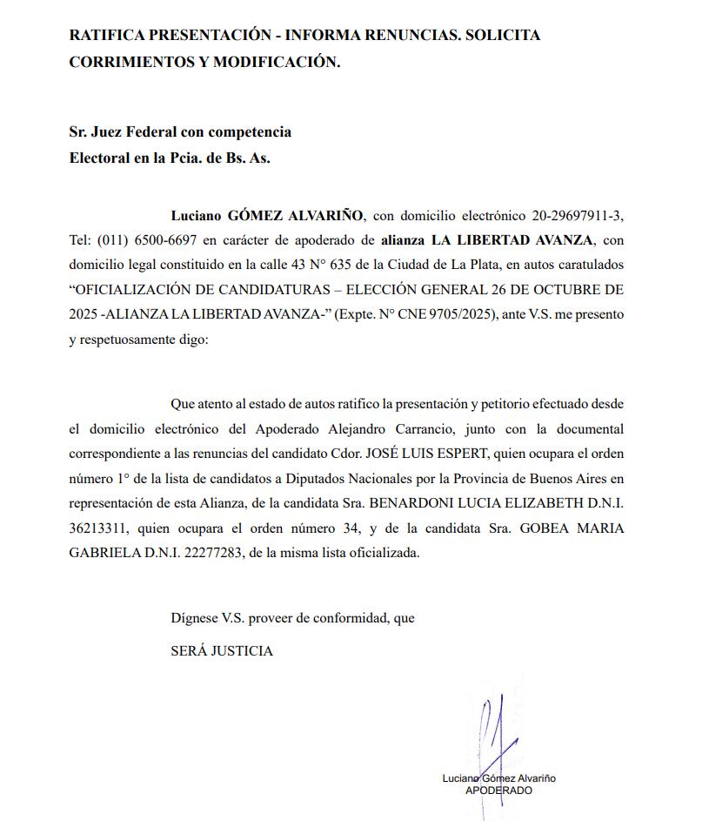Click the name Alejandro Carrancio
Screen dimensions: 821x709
411,430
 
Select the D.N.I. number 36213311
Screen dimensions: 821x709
99,528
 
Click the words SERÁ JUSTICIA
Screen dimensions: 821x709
222,650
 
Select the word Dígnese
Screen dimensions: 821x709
194,618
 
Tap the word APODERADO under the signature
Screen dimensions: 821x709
498,791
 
